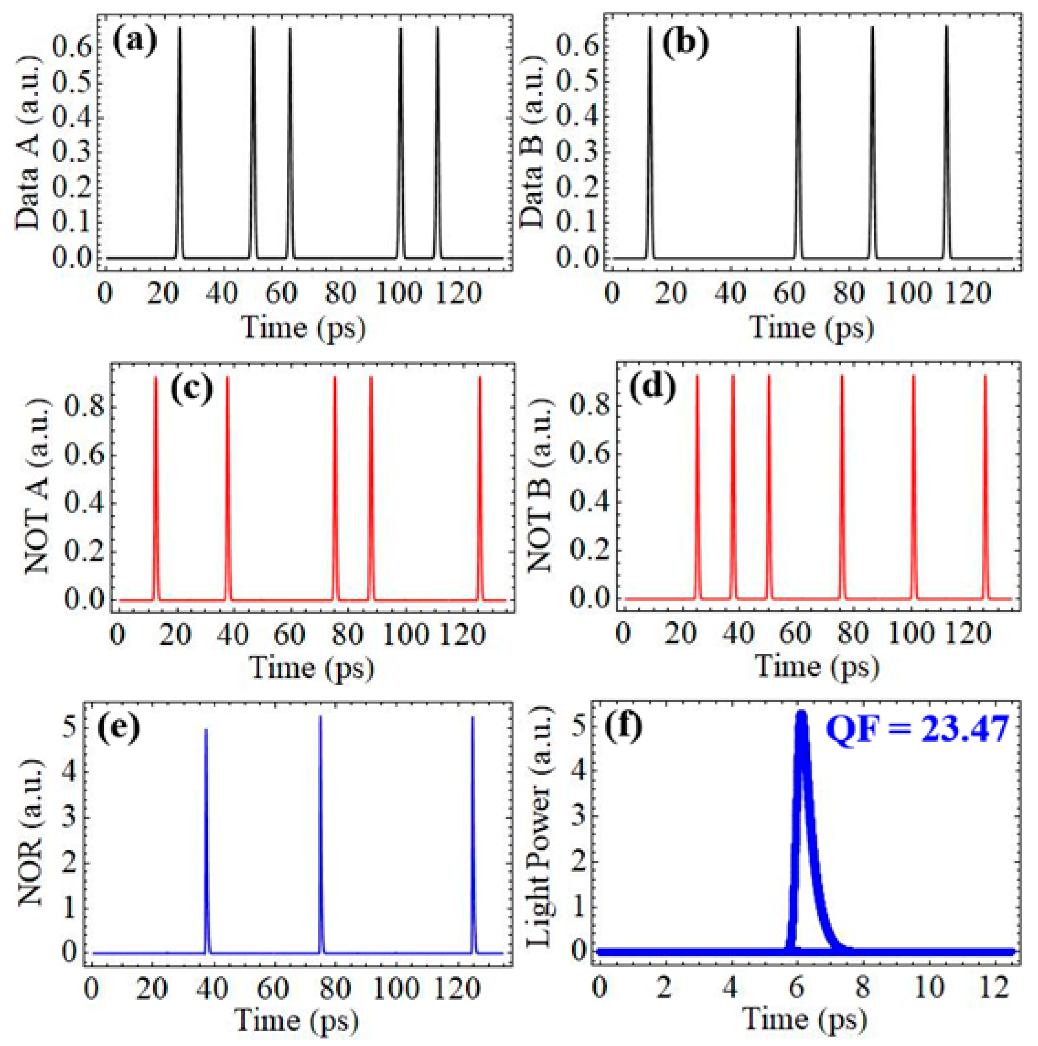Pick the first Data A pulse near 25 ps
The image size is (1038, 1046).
180,33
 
